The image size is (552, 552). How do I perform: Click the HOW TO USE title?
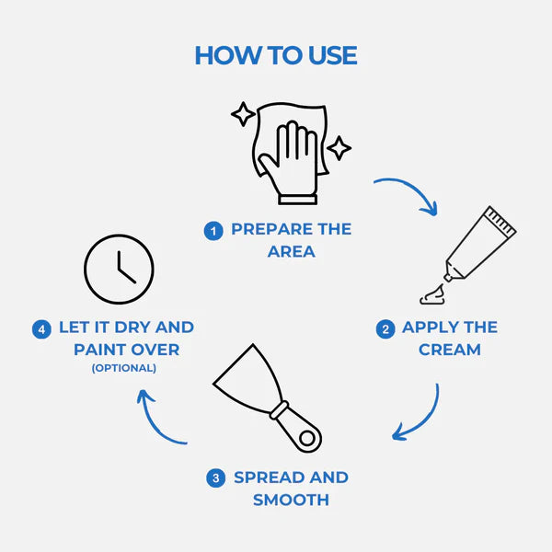(276, 55)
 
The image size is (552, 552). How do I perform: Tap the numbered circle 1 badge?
(214, 231)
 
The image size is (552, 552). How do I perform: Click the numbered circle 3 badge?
(215, 478)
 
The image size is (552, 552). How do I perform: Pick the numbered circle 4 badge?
(41, 328)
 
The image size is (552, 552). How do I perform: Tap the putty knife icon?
(267, 396)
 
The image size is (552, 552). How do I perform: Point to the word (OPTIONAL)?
(123, 368)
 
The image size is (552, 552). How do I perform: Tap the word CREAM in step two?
(449, 350)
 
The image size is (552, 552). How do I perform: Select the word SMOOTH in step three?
(291, 500)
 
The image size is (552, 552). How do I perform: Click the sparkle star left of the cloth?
(244, 115)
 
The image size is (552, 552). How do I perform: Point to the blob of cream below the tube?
(433, 294)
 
